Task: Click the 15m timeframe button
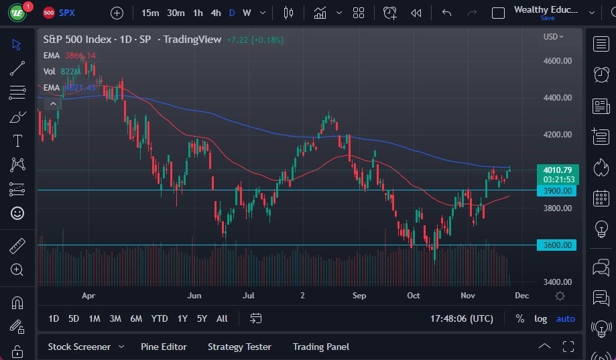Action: tap(150, 13)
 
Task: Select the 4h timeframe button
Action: tap(216, 13)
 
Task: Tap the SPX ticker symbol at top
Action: tap(67, 13)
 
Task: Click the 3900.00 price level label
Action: tap(557, 191)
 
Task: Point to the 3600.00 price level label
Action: tap(557, 245)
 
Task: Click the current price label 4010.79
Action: tap(557, 170)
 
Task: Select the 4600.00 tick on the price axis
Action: tap(557, 61)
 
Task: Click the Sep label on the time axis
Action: tap(359, 296)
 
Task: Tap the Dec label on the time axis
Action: tap(521, 296)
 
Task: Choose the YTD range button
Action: tap(160, 318)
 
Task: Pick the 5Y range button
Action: tap(202, 318)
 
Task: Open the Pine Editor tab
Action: tap(164, 347)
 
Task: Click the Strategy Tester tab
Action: tap(239, 347)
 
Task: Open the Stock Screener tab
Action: tap(78, 347)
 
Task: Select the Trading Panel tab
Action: tap(320, 347)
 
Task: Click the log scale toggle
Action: tap(540, 318)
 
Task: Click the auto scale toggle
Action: tap(565, 318)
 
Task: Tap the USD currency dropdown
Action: tap(553, 37)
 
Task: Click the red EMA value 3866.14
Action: tap(80, 56)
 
